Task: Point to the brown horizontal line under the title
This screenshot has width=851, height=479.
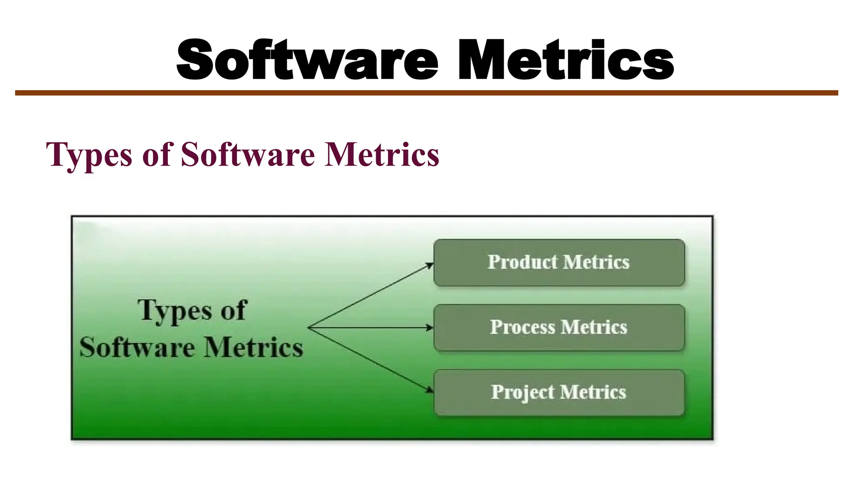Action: click(426, 93)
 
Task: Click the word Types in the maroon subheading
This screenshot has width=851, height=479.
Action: click(89, 155)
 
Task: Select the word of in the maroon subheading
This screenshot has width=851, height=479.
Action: click(157, 154)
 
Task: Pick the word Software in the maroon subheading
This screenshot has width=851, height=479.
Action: click(248, 154)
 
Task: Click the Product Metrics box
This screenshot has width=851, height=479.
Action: click(559, 262)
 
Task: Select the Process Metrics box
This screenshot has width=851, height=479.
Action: click(559, 328)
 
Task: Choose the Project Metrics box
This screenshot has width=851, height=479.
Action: click(559, 393)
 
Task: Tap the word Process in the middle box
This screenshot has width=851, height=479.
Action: click(522, 327)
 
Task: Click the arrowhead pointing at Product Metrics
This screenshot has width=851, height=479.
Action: click(430, 265)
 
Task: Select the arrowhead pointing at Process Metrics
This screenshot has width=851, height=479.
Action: click(430, 328)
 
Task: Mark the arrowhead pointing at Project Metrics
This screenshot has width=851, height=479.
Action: click(430, 390)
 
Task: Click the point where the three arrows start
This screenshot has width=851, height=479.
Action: click(309, 328)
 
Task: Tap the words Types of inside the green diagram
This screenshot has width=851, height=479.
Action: click(192, 311)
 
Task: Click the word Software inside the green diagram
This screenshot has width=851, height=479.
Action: click(137, 348)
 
